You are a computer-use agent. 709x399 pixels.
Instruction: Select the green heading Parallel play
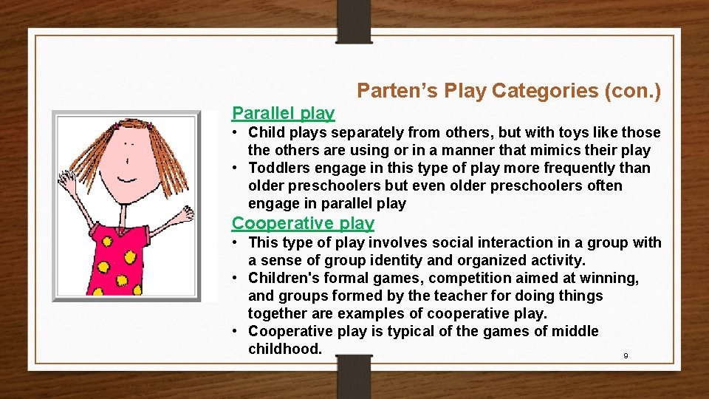pos(283,113)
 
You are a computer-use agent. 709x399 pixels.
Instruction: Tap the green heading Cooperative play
pos(303,223)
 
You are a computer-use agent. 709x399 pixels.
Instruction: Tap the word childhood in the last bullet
pos(284,349)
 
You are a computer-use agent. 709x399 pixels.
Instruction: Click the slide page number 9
pos(626,356)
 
